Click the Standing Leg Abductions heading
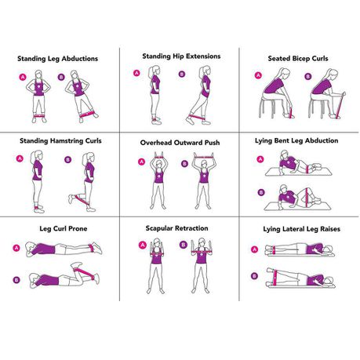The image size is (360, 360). [57, 59]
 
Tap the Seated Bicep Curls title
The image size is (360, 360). [298, 59]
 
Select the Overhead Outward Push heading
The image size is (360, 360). [180, 143]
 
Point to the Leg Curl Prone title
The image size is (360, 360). [64, 228]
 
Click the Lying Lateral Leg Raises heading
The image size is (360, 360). [301, 229]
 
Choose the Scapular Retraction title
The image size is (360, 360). [176, 228]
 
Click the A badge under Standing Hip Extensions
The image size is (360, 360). [136, 73]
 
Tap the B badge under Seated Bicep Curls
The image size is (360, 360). [308, 76]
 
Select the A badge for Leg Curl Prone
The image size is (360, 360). [16, 248]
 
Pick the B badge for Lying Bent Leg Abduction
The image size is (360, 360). [261, 193]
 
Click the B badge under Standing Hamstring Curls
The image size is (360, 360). [67, 159]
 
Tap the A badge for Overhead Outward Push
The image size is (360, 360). [141, 162]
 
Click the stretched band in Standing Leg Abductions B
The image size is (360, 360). [88, 114]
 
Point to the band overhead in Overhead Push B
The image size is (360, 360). [203, 157]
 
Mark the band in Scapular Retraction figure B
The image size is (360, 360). [202, 252]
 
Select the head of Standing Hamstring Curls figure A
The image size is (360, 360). [38, 155]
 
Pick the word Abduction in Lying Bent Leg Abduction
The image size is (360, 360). [322, 140]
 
